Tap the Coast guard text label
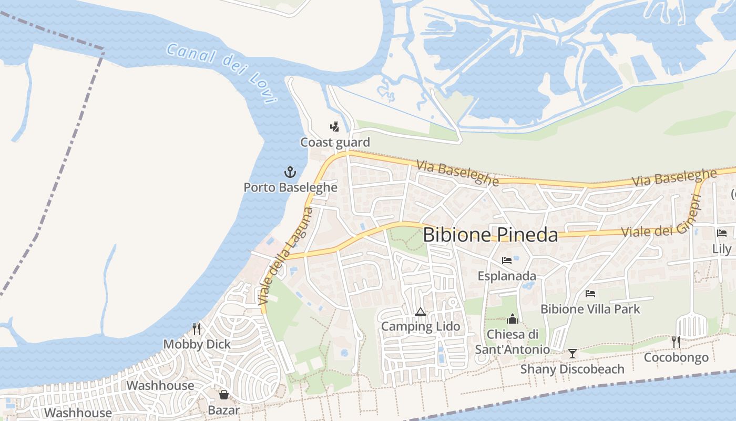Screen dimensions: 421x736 tap(335, 142)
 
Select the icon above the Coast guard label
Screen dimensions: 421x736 tap(334, 126)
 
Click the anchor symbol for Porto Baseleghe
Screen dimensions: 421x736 tap(290, 172)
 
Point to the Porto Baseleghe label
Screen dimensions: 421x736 tap(290, 187)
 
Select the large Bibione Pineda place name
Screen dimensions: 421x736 tap(490, 235)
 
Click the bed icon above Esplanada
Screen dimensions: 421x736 tap(507, 260)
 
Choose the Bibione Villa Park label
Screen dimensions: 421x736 tap(590, 309)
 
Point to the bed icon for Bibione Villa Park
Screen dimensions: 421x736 tap(590, 294)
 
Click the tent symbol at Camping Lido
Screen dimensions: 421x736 tap(420, 312)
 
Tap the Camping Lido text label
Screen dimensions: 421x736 tap(421, 326)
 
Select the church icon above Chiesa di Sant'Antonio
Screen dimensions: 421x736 tap(513, 319)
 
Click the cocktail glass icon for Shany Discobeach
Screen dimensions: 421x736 tap(573, 354)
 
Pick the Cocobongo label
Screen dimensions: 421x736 tap(676, 358)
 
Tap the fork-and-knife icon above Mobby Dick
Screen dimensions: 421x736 tap(197, 329)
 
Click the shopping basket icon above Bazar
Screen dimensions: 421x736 tap(224, 395)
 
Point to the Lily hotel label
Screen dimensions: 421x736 tap(722, 249)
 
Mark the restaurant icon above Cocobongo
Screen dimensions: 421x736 tap(676, 342)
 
